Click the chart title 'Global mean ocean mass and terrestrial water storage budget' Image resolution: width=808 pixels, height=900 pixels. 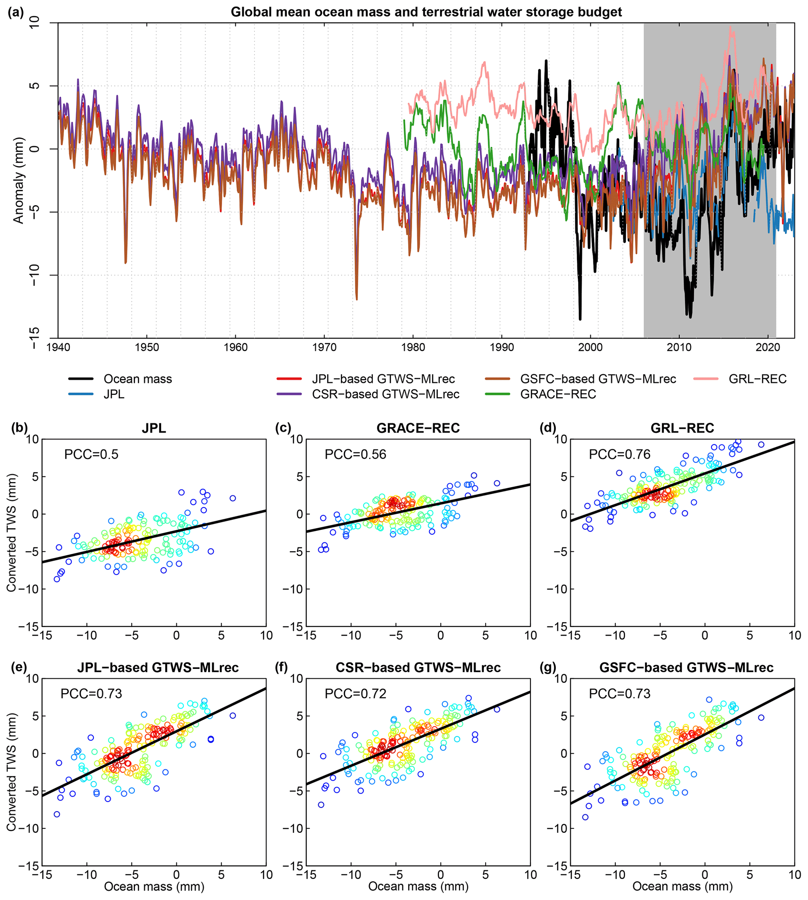coord(426,12)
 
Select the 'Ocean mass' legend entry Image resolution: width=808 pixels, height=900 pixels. coord(138,379)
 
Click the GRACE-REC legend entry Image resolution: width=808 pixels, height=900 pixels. coord(558,394)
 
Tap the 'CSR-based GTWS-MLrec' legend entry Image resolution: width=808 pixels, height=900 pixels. coord(385,394)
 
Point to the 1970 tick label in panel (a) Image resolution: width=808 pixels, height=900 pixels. coord(324,347)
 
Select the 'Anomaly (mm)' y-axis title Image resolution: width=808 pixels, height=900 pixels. coord(18,180)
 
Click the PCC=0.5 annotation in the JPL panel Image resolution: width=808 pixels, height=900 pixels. coord(91,454)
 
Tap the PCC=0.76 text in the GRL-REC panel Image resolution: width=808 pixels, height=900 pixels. coord(620,454)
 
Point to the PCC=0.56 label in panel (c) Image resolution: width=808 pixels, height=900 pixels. coord(356,454)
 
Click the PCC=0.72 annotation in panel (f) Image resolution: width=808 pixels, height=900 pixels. coord(356,694)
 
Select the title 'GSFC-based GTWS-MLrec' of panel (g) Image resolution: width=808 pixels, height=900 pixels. coord(686,667)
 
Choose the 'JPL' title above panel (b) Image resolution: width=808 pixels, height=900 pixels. coord(154,428)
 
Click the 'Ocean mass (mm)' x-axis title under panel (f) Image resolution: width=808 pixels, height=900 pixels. coord(418,887)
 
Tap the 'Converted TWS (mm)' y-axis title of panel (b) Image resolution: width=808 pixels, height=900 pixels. coord(11,533)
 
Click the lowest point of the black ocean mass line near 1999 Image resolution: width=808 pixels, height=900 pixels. coord(580,319)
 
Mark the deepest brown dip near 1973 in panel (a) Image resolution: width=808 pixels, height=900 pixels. coord(357,299)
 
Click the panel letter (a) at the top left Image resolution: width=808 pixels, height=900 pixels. coord(16,13)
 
